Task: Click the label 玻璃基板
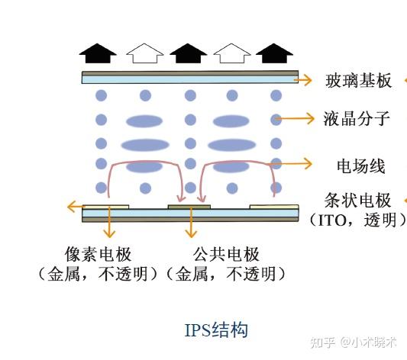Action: click(358, 81)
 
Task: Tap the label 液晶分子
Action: click(357, 119)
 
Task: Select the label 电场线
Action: click(360, 166)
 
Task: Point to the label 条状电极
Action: click(357, 201)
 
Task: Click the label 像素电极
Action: click(98, 254)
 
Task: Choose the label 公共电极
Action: click(226, 254)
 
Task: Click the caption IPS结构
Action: click(216, 330)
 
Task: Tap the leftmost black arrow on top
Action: click(98, 53)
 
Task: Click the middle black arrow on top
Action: click(188, 53)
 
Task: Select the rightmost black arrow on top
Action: click(274, 53)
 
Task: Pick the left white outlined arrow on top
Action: click(145, 53)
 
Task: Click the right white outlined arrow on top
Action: click(232, 53)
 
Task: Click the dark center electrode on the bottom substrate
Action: click(189, 207)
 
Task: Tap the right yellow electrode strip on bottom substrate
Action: click(274, 207)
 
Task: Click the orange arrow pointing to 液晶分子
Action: click(295, 119)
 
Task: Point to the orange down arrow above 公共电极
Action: click(191, 223)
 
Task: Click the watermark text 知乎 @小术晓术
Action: click(354, 342)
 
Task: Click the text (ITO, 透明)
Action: click(357, 220)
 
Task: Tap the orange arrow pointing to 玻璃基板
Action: click(302, 80)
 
